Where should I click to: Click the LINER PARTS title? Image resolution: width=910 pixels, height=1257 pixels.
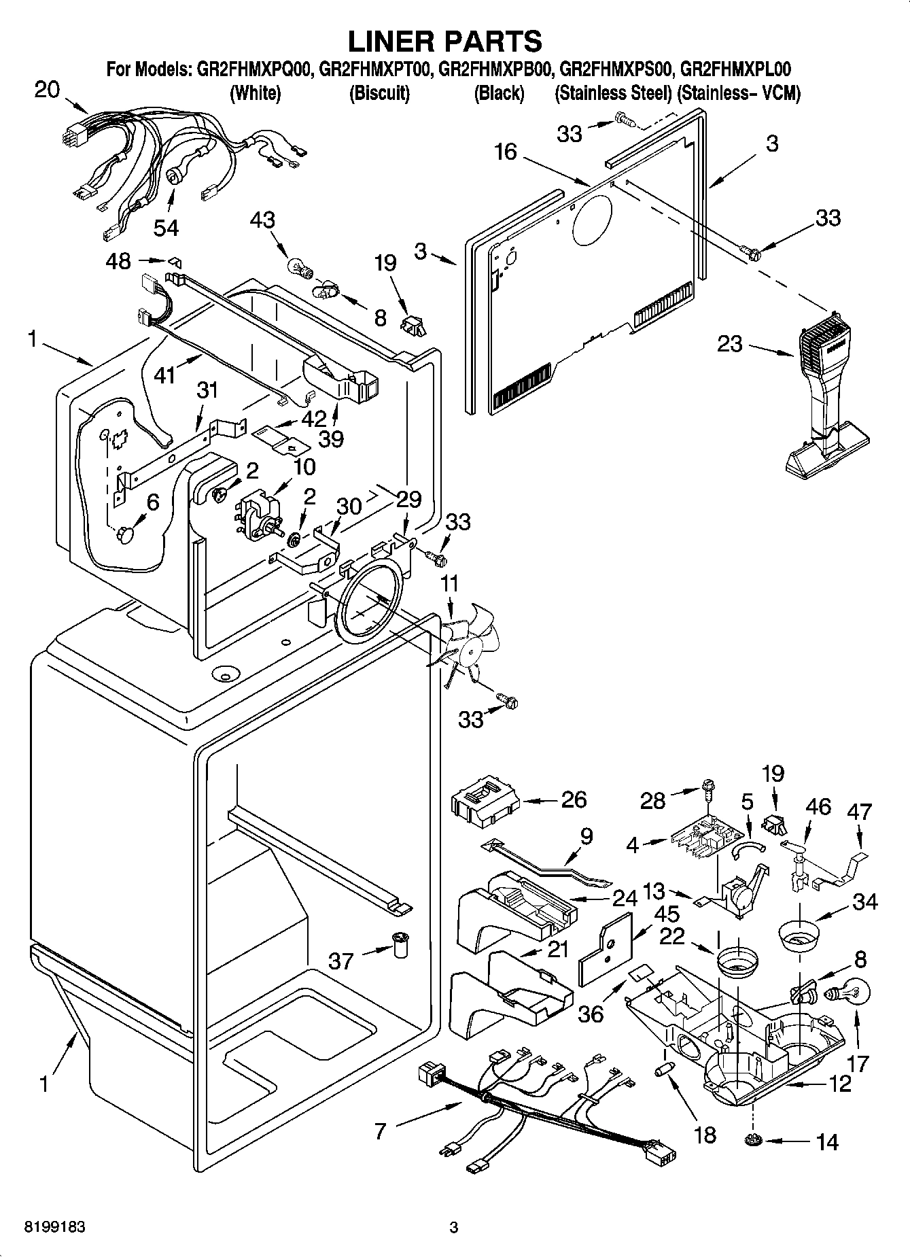tap(445, 41)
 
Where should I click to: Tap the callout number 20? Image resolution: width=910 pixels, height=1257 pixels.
tap(47, 90)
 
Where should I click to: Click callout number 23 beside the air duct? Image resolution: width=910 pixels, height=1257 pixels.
tap(730, 344)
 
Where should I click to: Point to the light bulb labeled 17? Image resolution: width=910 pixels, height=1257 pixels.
tap(843, 995)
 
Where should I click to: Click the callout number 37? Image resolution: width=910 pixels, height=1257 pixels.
tap(340, 961)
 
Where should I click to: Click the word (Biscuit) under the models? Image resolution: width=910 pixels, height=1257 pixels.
tap(379, 93)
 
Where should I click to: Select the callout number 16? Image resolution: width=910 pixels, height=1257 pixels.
tap(506, 152)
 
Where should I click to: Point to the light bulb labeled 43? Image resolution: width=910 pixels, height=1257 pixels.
tap(298, 262)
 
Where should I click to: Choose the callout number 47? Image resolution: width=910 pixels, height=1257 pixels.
tap(860, 812)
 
